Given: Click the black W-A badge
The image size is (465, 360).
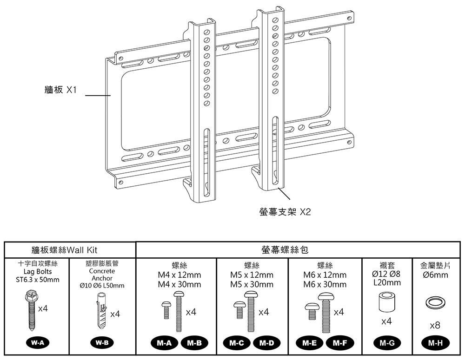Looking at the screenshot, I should (37, 343).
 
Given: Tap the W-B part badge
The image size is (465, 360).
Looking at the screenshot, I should (102, 343).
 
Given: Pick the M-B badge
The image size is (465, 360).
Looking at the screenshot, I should (193, 343).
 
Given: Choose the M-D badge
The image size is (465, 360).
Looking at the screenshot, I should (266, 343).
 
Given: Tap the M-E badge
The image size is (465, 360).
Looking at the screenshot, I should (310, 343).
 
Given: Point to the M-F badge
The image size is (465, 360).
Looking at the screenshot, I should (338, 343).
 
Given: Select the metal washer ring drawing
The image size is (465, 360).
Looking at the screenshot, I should (435, 303).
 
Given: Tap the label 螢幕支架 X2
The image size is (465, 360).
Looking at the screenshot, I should (285, 212).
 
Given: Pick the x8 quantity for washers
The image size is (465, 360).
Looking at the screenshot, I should (435, 325).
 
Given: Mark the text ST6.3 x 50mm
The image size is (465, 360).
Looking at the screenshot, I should (38, 280).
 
